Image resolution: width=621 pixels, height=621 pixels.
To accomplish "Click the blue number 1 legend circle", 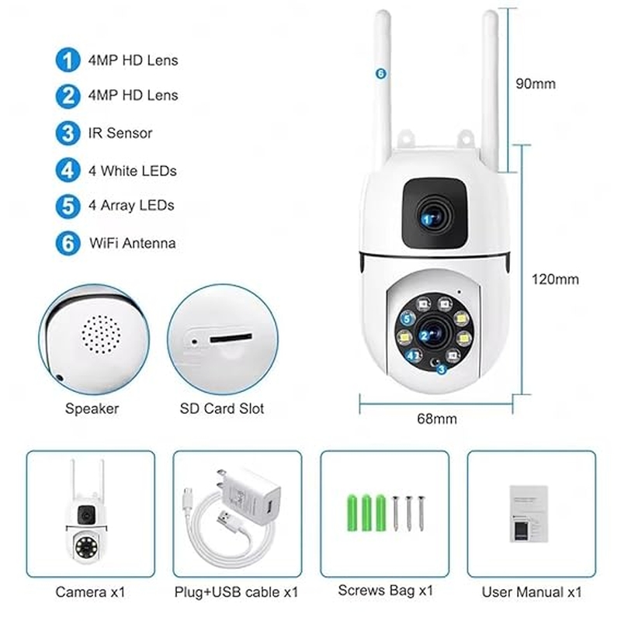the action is pyautogui.click(x=68, y=61).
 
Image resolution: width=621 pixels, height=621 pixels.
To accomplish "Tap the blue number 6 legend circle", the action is pyautogui.click(x=68, y=243).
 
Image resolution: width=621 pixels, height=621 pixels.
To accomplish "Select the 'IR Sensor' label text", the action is pyautogui.click(x=120, y=133).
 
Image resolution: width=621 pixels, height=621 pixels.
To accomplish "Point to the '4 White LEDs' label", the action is pyautogui.click(x=132, y=171).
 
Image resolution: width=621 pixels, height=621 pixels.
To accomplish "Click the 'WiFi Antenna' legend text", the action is pyautogui.click(x=132, y=243).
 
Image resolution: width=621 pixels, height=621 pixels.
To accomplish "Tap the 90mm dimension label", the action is pyautogui.click(x=536, y=84).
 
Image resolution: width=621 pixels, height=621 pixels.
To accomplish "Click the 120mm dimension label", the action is pyautogui.click(x=555, y=279).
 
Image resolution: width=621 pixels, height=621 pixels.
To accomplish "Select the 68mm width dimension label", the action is pyautogui.click(x=437, y=418).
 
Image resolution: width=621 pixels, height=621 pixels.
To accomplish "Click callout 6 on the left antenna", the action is pyautogui.click(x=380, y=73).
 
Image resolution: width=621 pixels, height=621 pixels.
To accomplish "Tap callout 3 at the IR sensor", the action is pyautogui.click(x=442, y=369).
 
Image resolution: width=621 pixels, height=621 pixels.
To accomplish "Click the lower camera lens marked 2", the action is pyautogui.click(x=434, y=335).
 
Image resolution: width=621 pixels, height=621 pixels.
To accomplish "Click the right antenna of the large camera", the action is pyautogui.click(x=491, y=91).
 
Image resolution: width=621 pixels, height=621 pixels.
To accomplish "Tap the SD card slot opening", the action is pyautogui.click(x=231, y=338).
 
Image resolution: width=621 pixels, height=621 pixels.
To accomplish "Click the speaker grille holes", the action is pyautogui.click(x=101, y=335).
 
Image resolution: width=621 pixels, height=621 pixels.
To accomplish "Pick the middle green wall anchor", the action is pyautogui.click(x=366, y=512).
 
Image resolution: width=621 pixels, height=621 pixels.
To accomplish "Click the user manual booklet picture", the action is pyautogui.click(x=529, y=514).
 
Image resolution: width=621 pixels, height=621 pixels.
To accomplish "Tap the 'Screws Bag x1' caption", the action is pyautogui.click(x=385, y=591).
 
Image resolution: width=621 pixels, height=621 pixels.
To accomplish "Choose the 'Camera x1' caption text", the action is pyautogui.click(x=90, y=592).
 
